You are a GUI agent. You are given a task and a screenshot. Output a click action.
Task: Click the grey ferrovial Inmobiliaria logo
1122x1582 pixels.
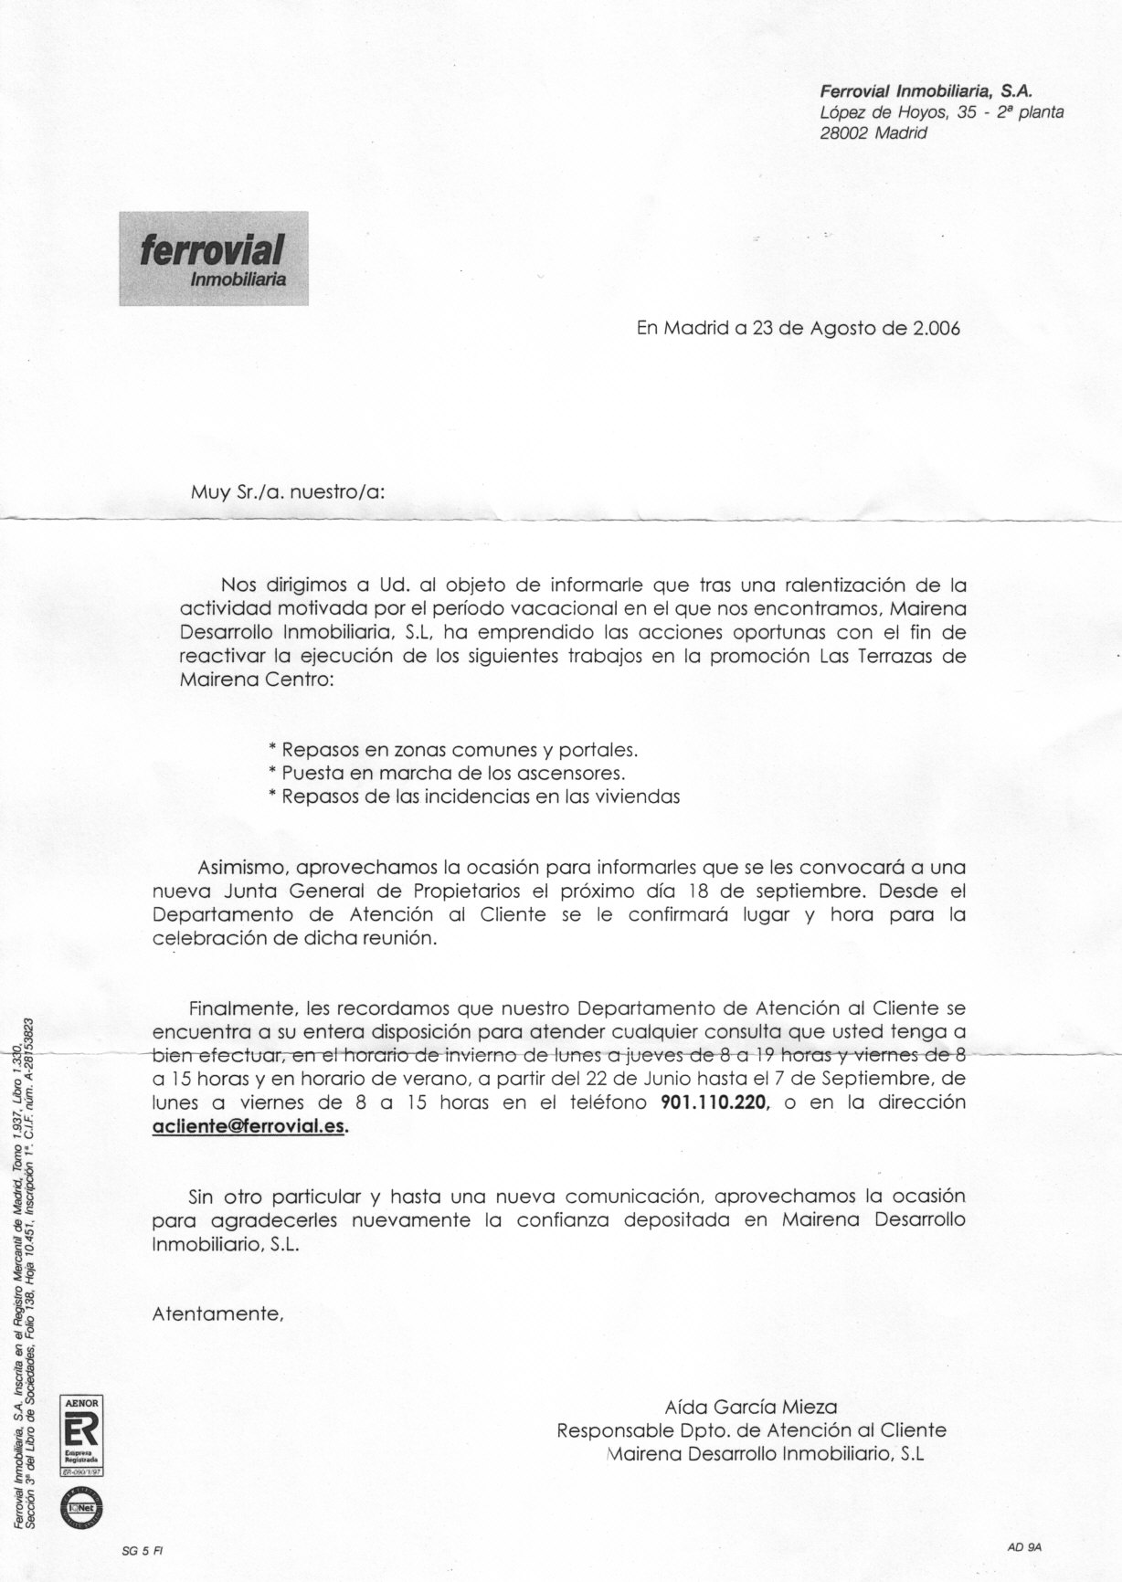[x=213, y=258]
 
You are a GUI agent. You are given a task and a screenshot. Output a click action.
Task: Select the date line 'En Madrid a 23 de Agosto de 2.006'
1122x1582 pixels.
[x=798, y=329]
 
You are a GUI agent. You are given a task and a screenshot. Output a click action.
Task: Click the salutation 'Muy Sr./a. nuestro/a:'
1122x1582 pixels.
[x=287, y=490]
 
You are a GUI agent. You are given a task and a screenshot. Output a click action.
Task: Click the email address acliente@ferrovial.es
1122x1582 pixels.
[x=249, y=1126]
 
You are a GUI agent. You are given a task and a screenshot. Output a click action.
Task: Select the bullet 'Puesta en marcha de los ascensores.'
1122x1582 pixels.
[x=447, y=773]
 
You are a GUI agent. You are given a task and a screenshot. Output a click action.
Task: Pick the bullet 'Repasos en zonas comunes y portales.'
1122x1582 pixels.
[x=452, y=750]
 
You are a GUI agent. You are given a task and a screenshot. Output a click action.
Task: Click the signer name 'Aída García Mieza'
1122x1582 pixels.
[x=750, y=1407]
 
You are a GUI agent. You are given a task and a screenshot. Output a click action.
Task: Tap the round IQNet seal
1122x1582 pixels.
[x=80, y=1504]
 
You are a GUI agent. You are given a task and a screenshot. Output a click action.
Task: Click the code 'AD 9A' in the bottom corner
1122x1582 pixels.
[x=1024, y=1546]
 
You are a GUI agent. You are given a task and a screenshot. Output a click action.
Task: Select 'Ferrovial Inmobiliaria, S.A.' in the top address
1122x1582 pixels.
[x=926, y=90]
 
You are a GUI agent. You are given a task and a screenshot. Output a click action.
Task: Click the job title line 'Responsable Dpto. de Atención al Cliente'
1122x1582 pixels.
[x=751, y=1430]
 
